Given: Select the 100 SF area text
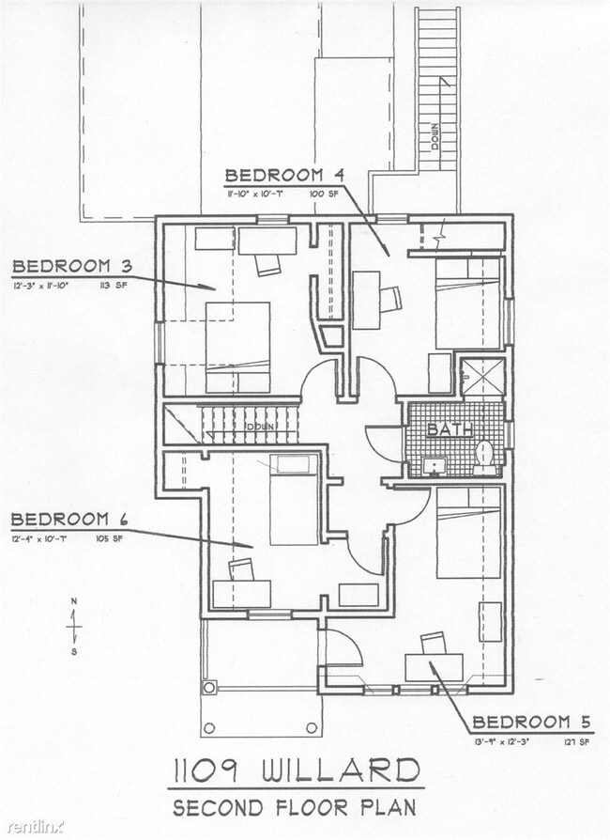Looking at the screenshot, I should [x=324, y=193].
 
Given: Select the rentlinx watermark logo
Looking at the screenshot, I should [x=33, y=828].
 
